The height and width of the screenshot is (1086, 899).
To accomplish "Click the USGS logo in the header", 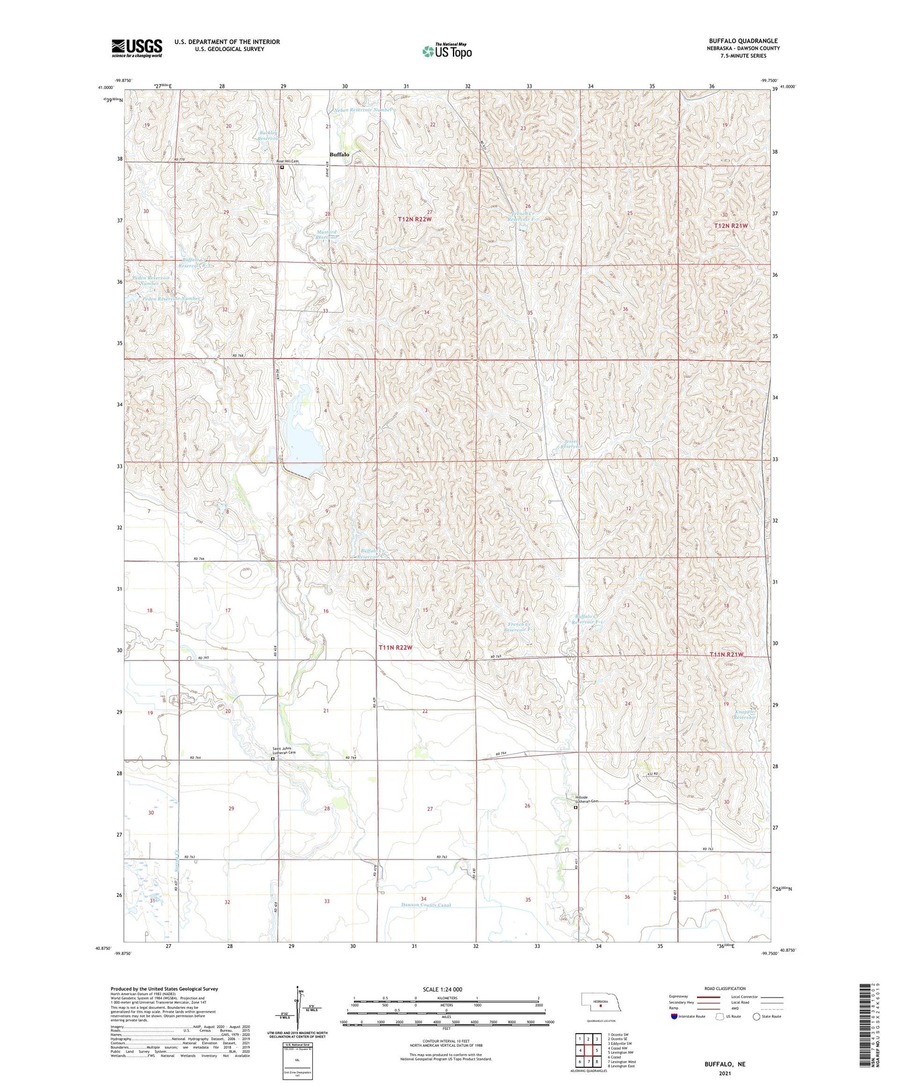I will (x=137, y=47).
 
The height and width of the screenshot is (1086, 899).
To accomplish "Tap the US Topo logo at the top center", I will (x=447, y=51).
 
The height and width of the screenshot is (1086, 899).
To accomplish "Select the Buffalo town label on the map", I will (x=339, y=154).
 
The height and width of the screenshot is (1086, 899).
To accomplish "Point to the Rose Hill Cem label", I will (x=288, y=161).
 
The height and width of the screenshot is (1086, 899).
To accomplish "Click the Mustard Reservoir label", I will (x=327, y=234).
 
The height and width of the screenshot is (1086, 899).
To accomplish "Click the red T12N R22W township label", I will (x=414, y=220).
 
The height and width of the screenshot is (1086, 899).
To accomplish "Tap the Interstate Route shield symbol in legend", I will (x=674, y=1016).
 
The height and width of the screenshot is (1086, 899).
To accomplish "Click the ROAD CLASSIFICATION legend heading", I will (x=725, y=988).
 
